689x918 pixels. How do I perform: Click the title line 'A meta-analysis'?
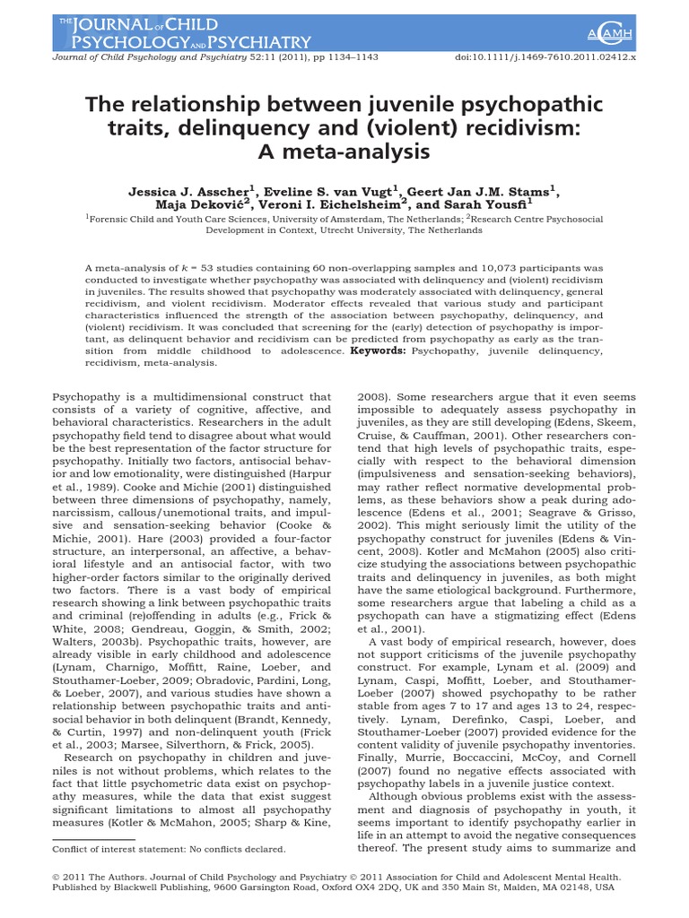pyautogui.click(x=344, y=152)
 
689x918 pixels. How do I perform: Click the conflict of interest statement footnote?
pyautogui.click(x=169, y=848)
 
